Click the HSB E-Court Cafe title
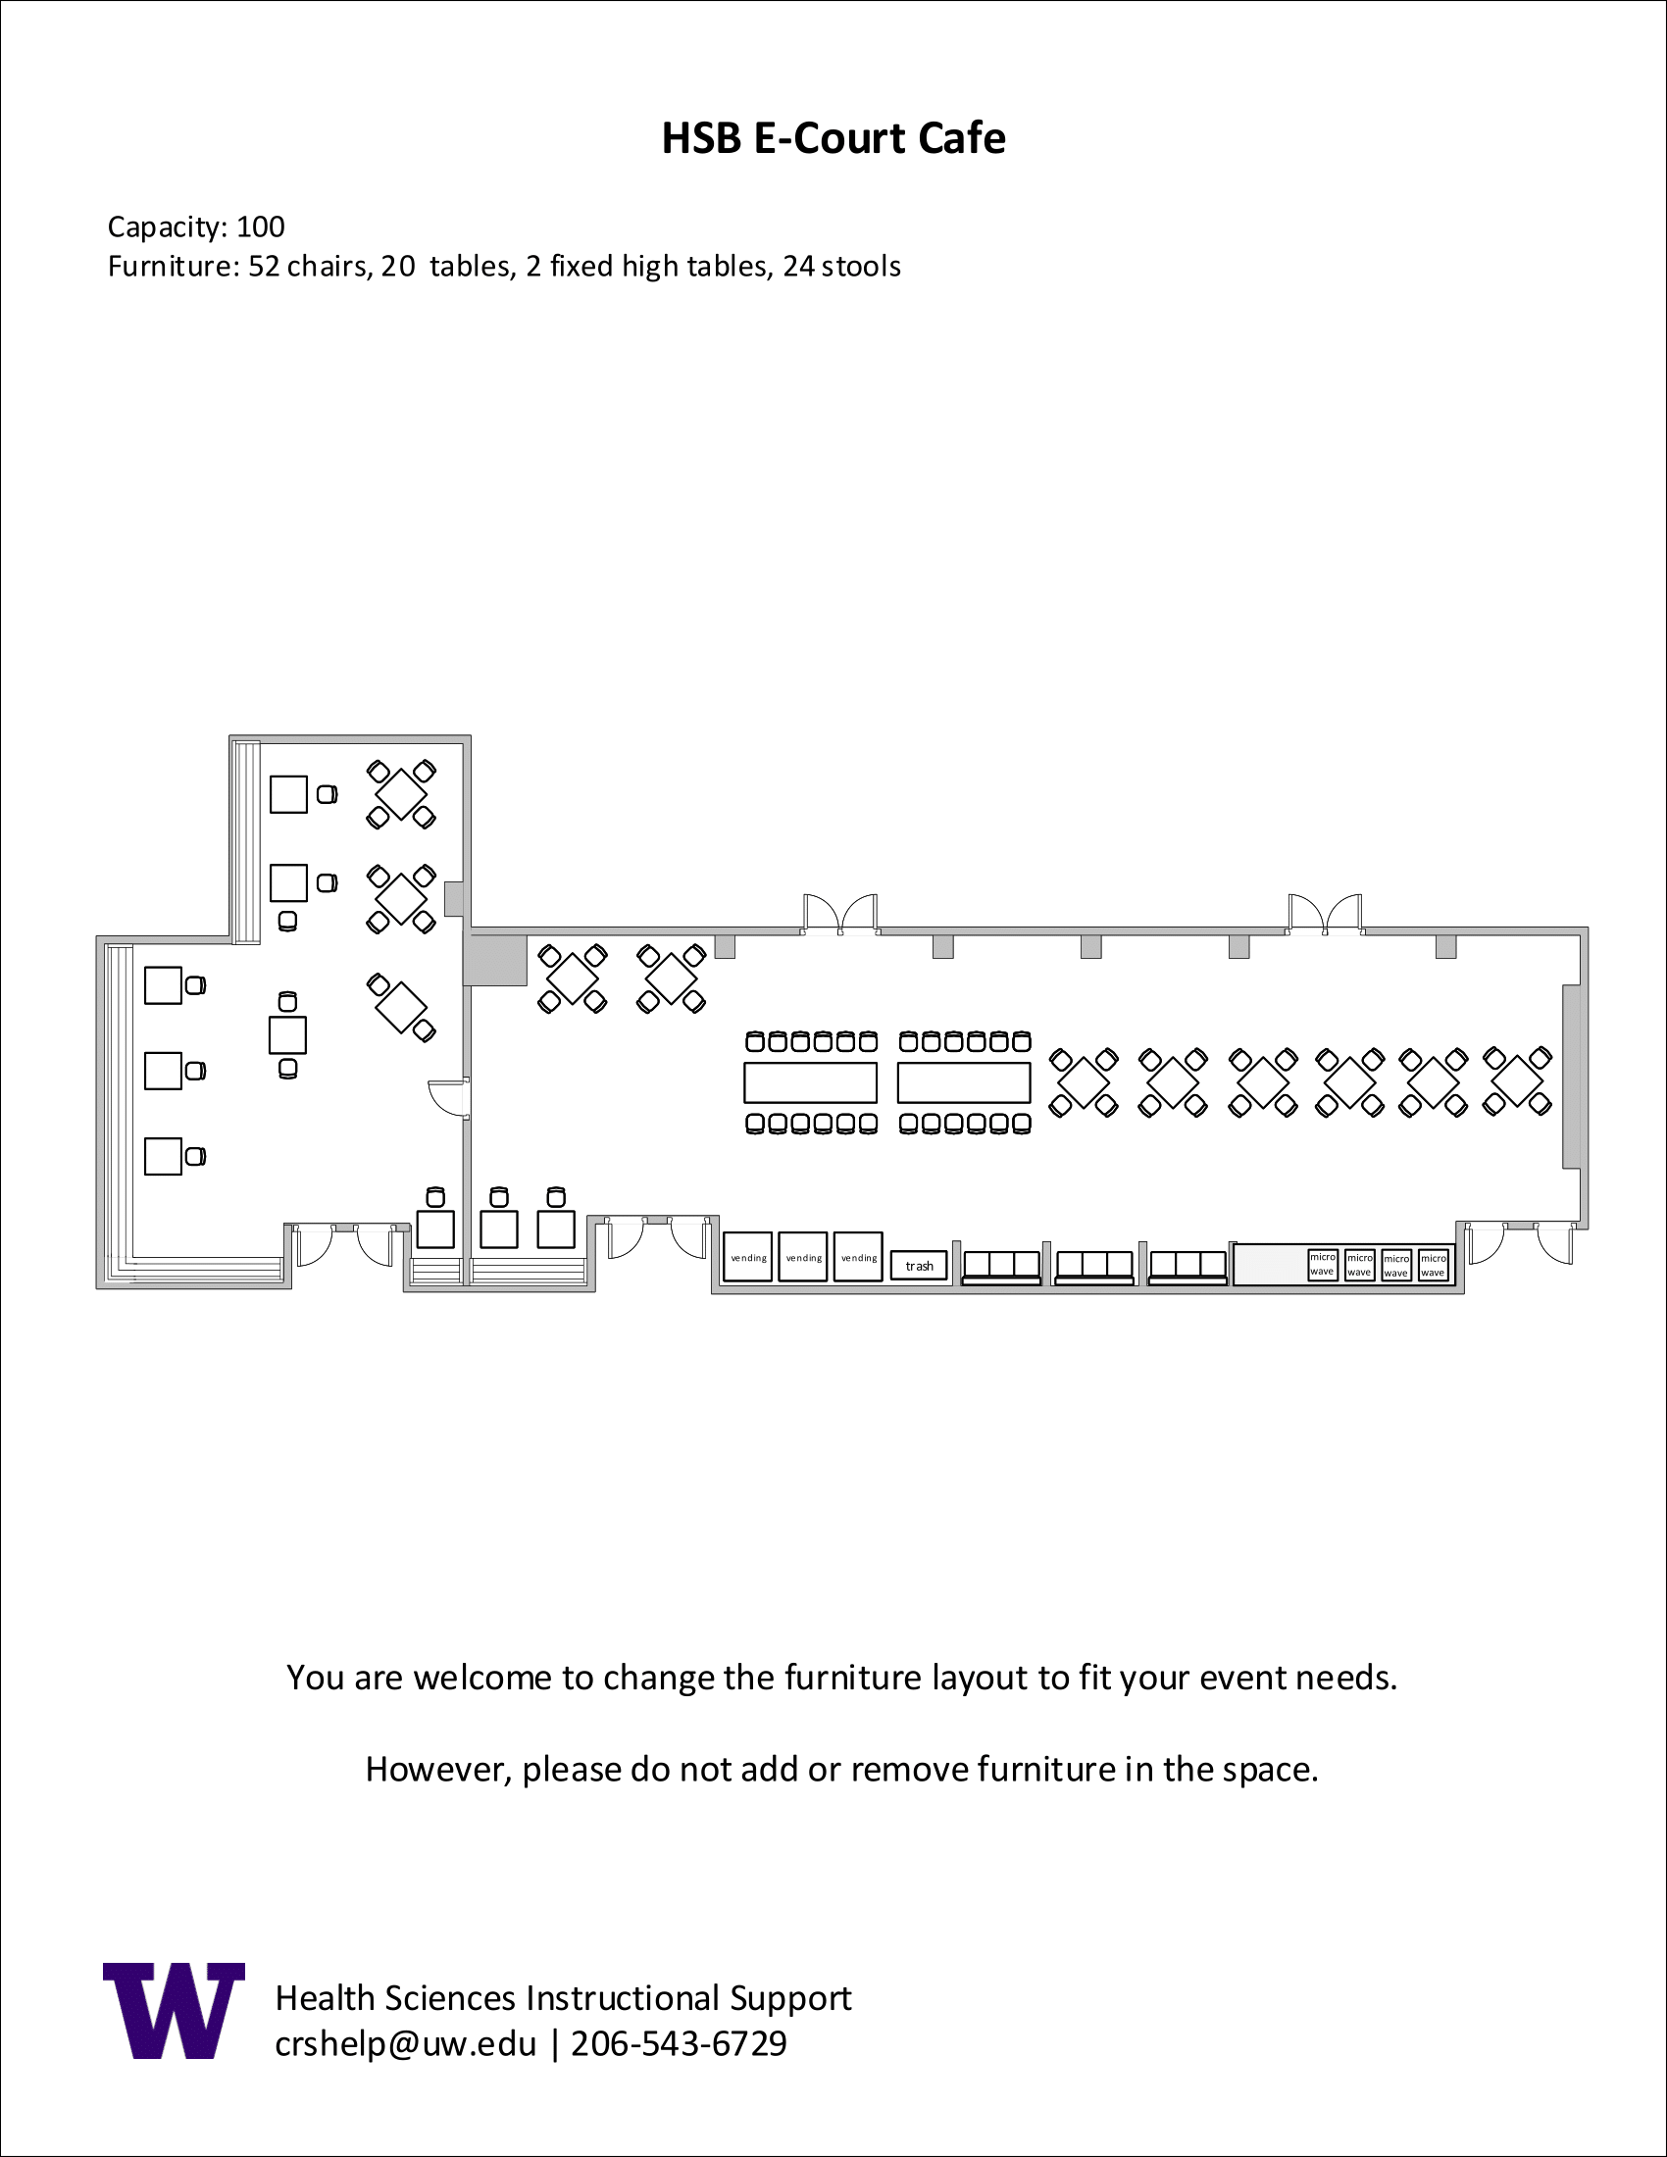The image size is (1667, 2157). (x=833, y=138)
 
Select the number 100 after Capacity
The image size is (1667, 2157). (x=261, y=227)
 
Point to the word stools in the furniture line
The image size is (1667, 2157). (x=861, y=267)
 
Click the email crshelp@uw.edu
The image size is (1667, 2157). (x=406, y=2043)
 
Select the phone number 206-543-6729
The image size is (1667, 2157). (x=680, y=2042)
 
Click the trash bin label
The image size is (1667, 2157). (x=920, y=1266)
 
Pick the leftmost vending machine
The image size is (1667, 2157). (x=747, y=1257)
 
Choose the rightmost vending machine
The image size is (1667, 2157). (x=858, y=1257)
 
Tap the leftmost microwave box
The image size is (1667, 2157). (x=1323, y=1264)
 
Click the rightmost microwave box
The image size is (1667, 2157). (x=1433, y=1265)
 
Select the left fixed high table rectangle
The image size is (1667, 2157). (x=811, y=1082)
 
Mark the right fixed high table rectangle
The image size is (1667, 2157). (x=964, y=1082)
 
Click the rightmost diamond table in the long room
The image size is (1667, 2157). (x=1518, y=1082)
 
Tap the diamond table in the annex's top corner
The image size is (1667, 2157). (x=402, y=794)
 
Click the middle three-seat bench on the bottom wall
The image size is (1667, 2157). (x=1094, y=1267)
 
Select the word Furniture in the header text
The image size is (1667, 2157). (x=170, y=267)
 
